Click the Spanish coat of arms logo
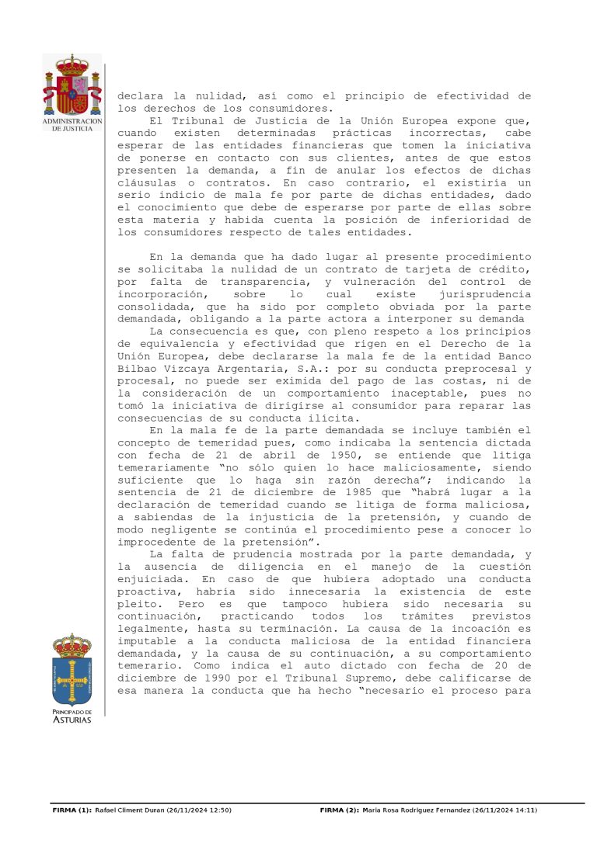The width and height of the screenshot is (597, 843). (x=72, y=85)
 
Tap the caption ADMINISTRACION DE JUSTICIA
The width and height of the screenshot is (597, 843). (x=72, y=125)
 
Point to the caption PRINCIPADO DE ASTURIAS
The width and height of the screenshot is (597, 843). (x=72, y=716)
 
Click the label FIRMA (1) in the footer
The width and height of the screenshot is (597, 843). (x=72, y=810)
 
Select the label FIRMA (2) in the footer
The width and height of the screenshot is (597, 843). (x=340, y=810)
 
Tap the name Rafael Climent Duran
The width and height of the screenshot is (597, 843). (x=128, y=810)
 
